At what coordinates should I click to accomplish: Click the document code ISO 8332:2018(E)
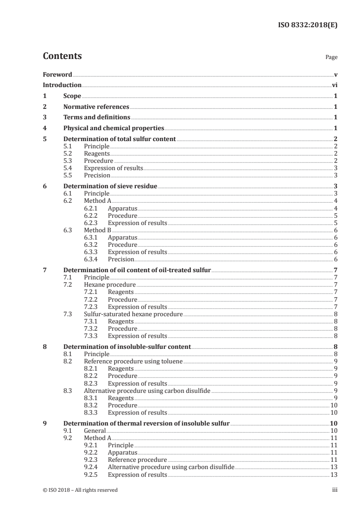[307, 25]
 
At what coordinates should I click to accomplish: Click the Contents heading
[62, 56]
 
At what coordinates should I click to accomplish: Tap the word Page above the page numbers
[331, 58]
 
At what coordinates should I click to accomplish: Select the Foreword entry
[57, 74]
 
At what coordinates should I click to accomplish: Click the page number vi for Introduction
[334, 85]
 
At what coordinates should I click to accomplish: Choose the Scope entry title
[72, 96]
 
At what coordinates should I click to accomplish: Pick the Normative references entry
[96, 107]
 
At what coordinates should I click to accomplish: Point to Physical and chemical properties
[113, 128]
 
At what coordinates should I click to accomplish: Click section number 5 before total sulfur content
[44, 139]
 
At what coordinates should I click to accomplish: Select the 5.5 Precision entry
[97, 175]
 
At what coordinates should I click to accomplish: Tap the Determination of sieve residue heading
[110, 186]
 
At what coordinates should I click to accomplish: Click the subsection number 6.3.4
[92, 259]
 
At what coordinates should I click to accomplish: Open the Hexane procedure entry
[110, 284]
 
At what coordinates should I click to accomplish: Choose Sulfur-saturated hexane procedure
[133, 313]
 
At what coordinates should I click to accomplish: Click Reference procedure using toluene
[133, 361]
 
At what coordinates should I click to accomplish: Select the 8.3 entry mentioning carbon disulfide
[148, 390]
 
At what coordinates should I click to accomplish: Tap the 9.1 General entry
[95, 430]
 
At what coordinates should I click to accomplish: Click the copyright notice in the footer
[80, 490]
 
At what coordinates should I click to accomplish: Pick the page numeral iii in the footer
[335, 490]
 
